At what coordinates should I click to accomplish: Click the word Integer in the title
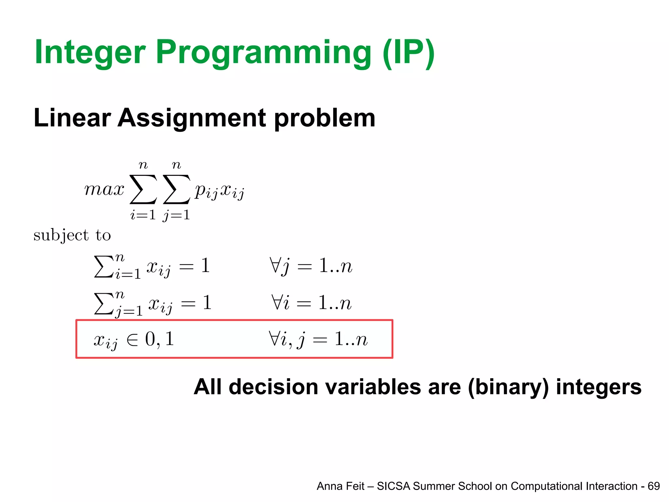click(90, 52)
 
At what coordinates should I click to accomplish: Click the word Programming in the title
click(263, 52)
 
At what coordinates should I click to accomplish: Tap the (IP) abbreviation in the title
click(408, 52)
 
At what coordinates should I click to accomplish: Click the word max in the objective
click(104, 190)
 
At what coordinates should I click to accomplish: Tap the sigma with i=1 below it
click(143, 190)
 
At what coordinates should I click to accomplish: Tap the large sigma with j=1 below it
click(176, 190)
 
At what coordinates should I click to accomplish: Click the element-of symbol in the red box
click(132, 340)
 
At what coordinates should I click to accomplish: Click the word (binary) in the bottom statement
click(508, 387)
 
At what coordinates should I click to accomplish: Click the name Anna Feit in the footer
click(340, 486)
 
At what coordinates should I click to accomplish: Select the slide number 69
click(654, 486)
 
